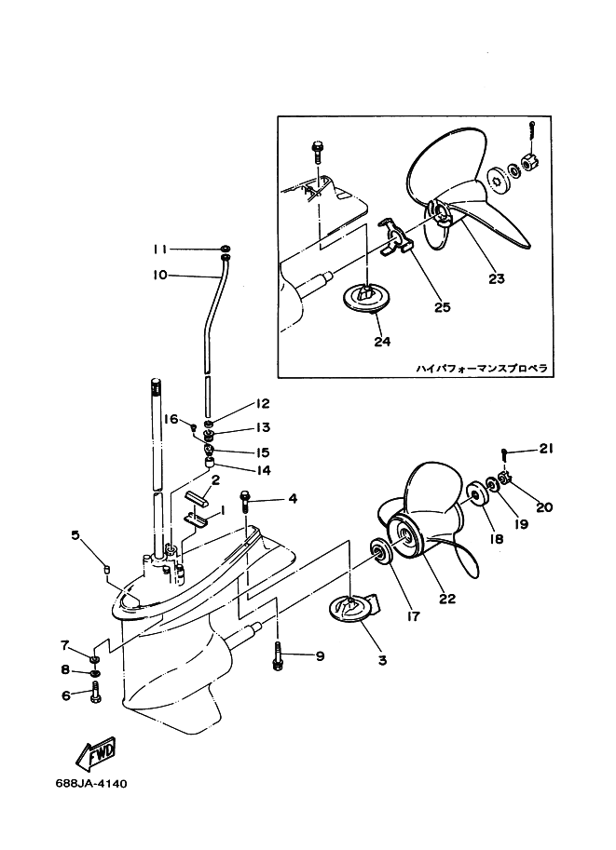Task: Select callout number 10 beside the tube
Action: tap(159, 275)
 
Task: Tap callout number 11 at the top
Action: tap(159, 250)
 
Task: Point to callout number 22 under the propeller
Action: tap(447, 599)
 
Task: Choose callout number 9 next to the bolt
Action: tap(320, 656)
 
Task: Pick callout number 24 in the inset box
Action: tap(382, 342)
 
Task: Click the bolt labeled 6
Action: tap(96, 693)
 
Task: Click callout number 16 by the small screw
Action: tap(171, 420)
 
